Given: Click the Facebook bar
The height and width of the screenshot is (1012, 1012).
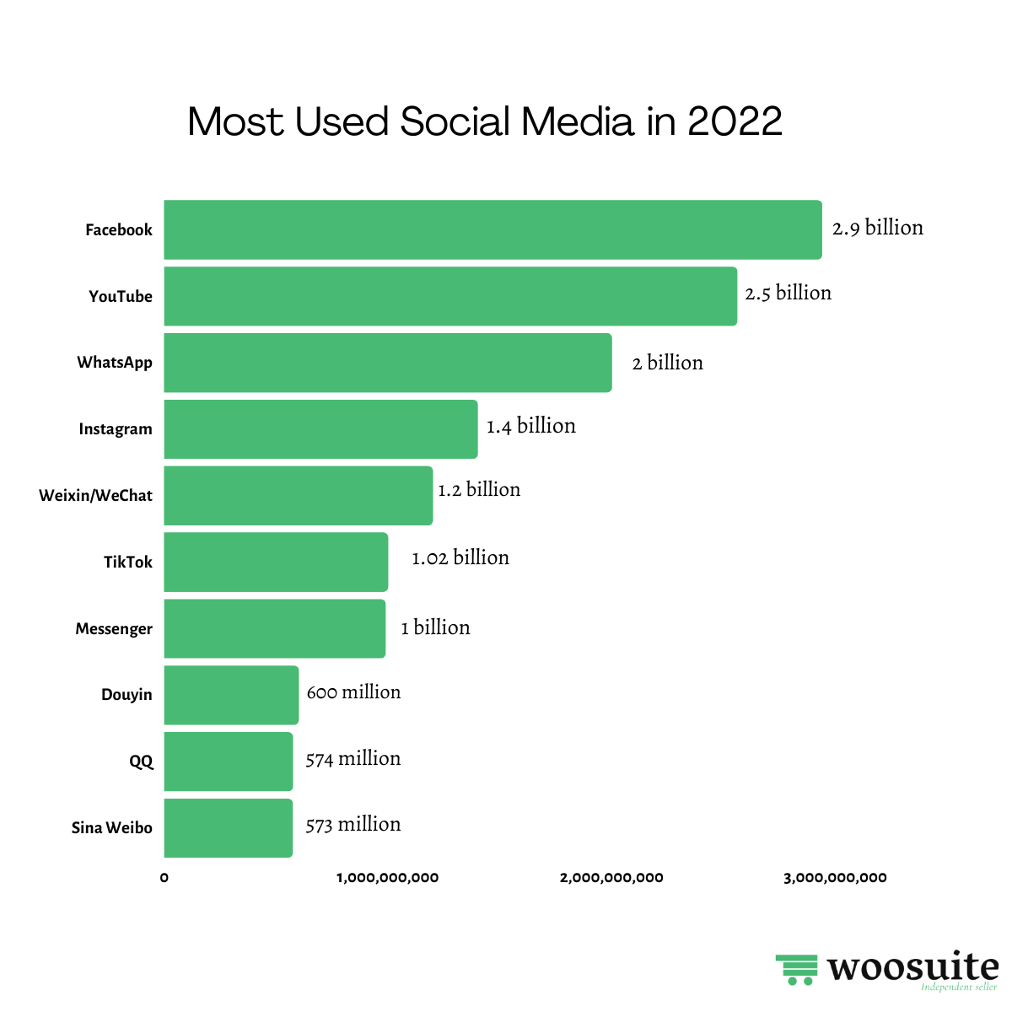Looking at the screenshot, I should coord(493,229).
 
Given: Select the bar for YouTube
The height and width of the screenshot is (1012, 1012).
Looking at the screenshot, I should coord(450,296).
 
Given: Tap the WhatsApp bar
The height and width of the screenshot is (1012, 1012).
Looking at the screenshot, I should coord(388,363).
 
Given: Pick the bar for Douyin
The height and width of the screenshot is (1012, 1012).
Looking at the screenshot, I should coord(231,695).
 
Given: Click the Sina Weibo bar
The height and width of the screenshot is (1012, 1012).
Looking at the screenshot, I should coord(228,828).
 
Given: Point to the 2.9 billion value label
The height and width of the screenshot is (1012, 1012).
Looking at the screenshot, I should coord(878,228).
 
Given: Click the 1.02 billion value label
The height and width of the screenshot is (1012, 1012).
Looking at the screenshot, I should coord(460,557).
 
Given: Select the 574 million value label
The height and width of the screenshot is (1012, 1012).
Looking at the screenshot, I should coord(353,759).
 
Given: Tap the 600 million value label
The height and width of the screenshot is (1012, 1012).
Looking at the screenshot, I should coord(353,692).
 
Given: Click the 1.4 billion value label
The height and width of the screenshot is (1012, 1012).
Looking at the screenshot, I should coord(531,426).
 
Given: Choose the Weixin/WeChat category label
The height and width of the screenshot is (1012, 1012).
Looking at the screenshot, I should coord(95,495).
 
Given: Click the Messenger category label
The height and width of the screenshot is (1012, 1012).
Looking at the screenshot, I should coord(114,629).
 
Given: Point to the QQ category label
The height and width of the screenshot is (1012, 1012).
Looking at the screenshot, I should coord(141,762).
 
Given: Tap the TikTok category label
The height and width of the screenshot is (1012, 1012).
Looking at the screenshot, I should coord(128,563).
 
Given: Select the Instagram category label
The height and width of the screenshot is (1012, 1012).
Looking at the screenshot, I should coord(116,429).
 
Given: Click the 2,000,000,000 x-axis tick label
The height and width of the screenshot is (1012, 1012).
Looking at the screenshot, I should coord(611,878).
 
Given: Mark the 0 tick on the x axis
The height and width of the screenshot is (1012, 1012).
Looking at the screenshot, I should coord(164,878).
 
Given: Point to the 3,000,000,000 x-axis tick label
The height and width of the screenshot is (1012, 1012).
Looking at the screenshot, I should coord(835,878).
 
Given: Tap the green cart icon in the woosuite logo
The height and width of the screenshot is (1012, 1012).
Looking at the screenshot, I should coord(797,970).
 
